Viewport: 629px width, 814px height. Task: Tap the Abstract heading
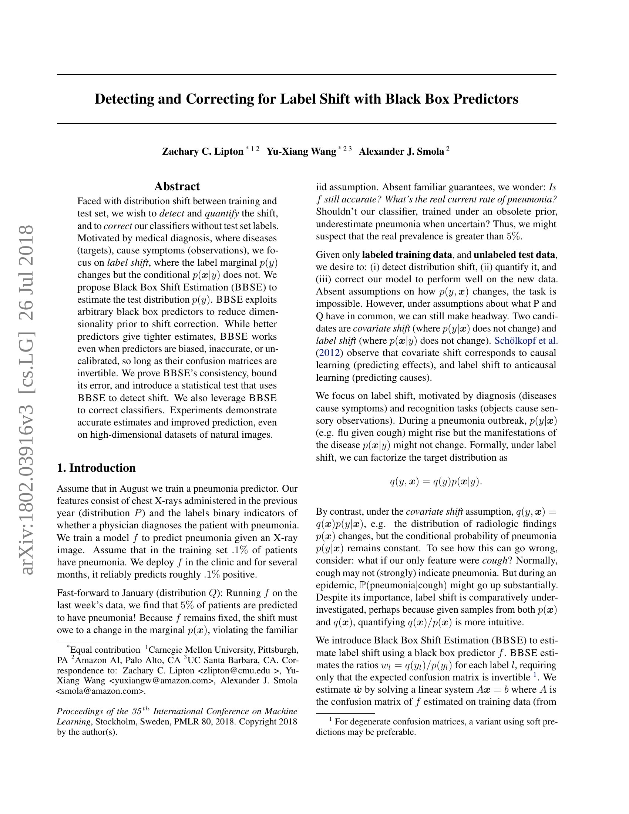pyautogui.click(x=177, y=186)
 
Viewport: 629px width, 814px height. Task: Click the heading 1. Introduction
pyautogui.click(x=96, y=468)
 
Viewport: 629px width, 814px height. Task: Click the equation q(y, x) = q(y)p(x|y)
pyautogui.click(x=435, y=481)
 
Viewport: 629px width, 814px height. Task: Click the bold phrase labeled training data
pyautogui.click(x=407, y=255)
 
